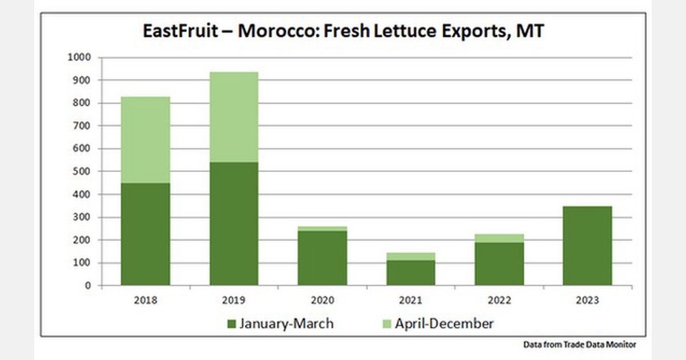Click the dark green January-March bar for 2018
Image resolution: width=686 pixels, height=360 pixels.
click(145, 234)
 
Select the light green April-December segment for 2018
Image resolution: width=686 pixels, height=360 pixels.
click(145, 140)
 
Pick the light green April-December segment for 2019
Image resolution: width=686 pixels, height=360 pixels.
click(234, 117)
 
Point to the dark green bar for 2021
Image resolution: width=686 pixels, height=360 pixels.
click(410, 273)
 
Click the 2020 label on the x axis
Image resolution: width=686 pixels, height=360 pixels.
click(322, 301)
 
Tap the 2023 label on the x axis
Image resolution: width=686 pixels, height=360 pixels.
click(587, 301)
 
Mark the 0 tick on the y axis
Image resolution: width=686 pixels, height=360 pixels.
click(88, 286)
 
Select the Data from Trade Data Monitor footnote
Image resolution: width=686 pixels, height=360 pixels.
click(579, 345)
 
